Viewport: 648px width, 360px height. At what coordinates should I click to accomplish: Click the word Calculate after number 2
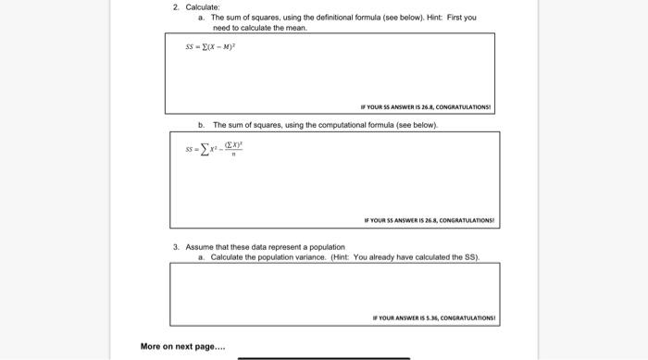pos(202,7)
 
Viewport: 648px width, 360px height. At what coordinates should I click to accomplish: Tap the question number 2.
pos(175,7)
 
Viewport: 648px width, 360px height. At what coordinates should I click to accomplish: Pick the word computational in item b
pos(344,124)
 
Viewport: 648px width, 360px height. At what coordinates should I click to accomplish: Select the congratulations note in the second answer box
pos(430,220)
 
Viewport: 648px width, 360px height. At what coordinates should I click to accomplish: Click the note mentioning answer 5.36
pos(434,317)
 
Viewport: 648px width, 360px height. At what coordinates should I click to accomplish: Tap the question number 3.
pos(175,247)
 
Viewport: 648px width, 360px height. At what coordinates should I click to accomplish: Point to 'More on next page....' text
pos(182,347)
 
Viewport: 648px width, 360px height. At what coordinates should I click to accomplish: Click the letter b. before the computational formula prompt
pos(201,124)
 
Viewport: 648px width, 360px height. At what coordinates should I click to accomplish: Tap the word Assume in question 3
pos(199,247)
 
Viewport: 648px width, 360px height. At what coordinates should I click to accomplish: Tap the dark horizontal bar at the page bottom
pos(323,357)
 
